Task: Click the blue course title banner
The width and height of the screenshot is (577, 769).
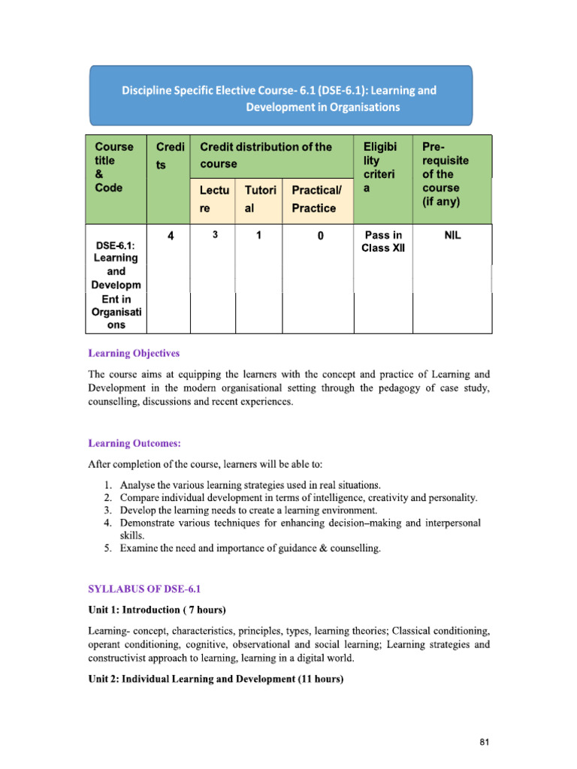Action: click(281, 95)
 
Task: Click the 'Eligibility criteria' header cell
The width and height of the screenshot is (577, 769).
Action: click(382, 167)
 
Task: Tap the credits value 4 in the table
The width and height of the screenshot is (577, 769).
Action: click(171, 236)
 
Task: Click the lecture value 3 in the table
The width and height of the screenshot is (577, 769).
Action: click(215, 235)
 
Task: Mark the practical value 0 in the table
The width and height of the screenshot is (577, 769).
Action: click(320, 236)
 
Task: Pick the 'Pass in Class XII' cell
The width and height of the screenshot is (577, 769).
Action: click(383, 242)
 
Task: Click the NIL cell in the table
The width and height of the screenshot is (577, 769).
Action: click(453, 235)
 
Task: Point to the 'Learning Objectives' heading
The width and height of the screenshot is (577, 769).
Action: click(134, 353)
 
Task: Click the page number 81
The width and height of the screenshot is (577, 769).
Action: click(484, 742)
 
